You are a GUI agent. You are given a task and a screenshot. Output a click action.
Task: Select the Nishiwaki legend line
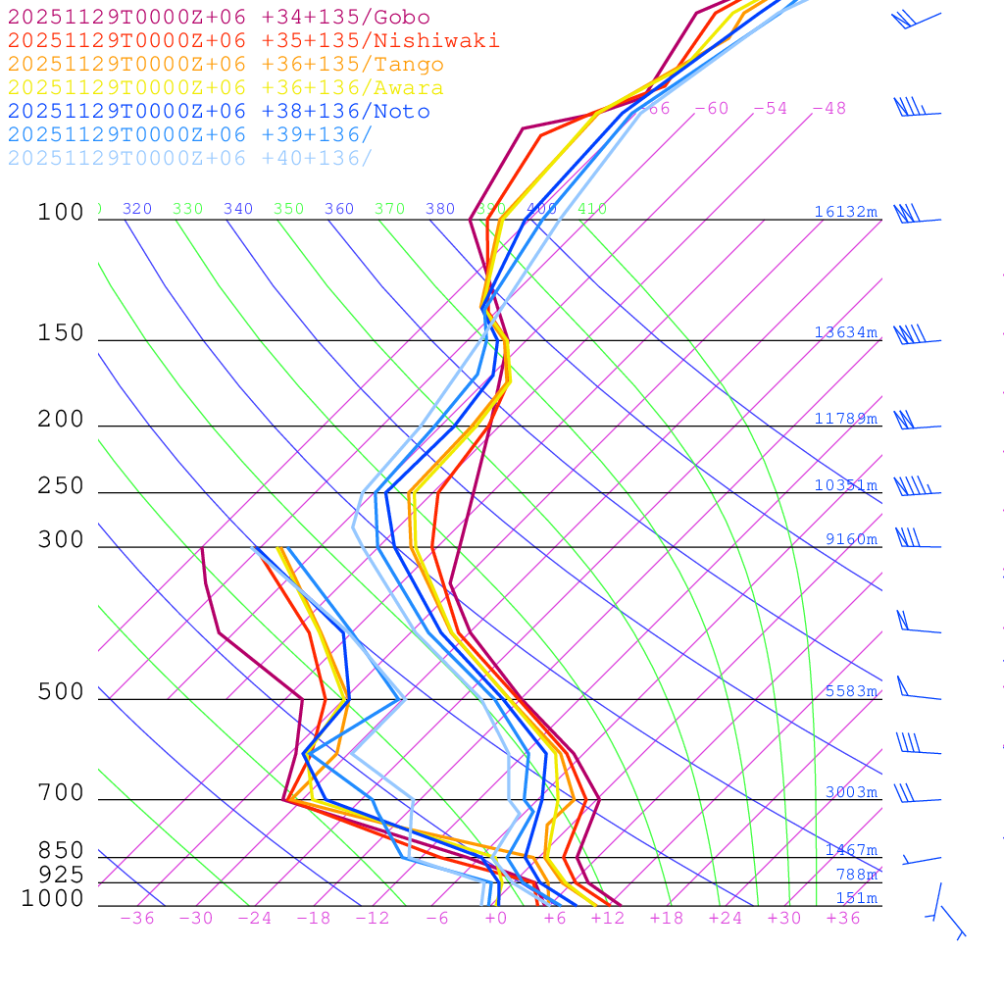click(253, 40)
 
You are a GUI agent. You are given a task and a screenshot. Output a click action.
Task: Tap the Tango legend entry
click(226, 65)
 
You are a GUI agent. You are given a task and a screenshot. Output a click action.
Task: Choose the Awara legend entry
click(226, 88)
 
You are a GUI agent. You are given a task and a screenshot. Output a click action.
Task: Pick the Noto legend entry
click(219, 112)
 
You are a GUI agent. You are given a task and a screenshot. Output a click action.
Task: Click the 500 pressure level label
click(61, 692)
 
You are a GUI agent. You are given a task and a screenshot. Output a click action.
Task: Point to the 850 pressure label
click(61, 851)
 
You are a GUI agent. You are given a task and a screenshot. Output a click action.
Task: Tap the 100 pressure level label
click(61, 213)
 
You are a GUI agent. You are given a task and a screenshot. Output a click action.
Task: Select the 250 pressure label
click(61, 486)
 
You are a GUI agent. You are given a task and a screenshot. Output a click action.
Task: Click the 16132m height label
click(845, 212)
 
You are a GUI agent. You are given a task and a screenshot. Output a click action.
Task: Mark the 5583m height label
click(850, 691)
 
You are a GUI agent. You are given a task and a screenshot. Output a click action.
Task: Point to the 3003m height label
click(850, 792)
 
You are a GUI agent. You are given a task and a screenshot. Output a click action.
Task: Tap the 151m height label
click(856, 898)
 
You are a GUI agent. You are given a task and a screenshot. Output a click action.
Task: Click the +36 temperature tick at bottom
click(843, 919)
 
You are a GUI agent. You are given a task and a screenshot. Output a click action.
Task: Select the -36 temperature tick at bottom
click(137, 919)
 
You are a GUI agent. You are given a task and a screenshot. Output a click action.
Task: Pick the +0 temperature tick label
click(496, 919)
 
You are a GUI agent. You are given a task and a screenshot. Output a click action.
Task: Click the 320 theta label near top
click(137, 209)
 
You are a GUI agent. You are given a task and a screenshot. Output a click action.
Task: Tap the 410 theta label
click(592, 209)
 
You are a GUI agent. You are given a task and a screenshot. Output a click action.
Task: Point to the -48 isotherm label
click(828, 109)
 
